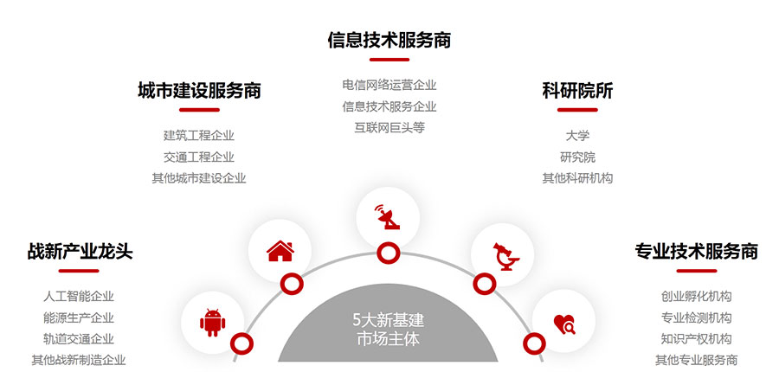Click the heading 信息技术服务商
pyautogui.click(x=389, y=41)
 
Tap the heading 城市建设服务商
pyautogui.click(x=199, y=91)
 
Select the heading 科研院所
pyautogui.click(x=577, y=91)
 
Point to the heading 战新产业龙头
pyautogui.click(x=80, y=252)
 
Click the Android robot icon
pyautogui.click(x=211, y=321)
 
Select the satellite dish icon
pyautogui.click(x=388, y=216)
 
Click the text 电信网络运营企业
pyautogui.click(x=389, y=85)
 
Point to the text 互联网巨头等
pyautogui.click(x=389, y=128)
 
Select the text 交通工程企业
pyautogui.click(x=199, y=157)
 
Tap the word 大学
pyautogui.click(x=577, y=136)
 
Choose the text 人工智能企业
pyautogui.click(x=79, y=296)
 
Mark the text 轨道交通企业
pyautogui.click(x=79, y=338)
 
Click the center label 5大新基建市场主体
pyautogui.click(x=389, y=330)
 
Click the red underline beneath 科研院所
pyautogui.click(x=577, y=110)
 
